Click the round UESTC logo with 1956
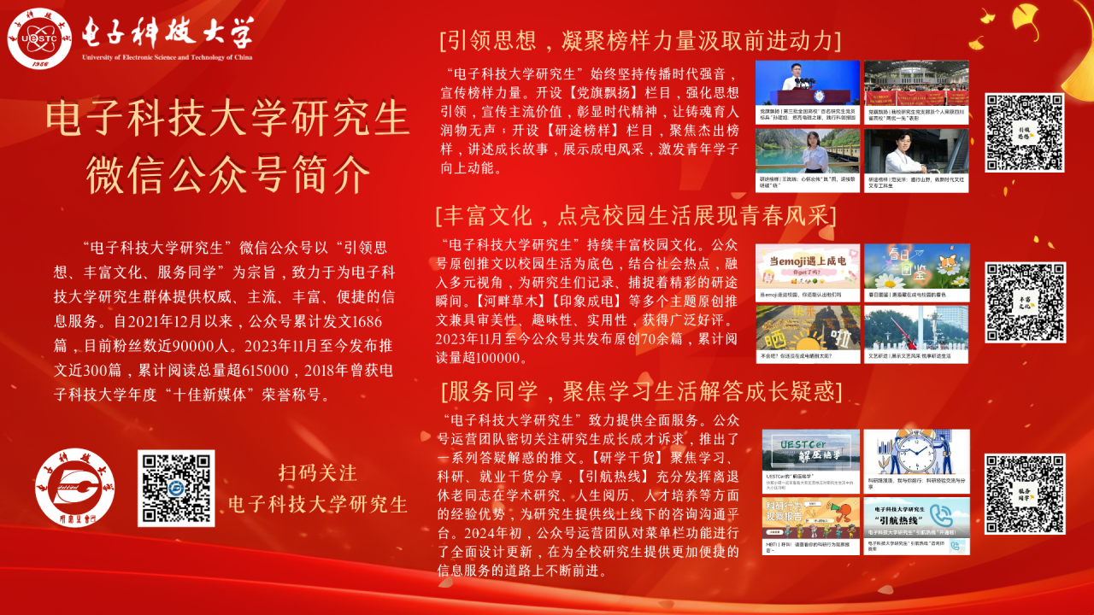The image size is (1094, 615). coord(39,38)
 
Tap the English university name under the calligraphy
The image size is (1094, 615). coord(168,57)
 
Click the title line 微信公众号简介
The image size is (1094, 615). coord(228,174)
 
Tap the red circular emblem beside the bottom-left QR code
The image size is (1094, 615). coord(75,487)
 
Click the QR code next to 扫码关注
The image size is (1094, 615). coord(176,488)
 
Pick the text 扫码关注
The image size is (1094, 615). coord(317,472)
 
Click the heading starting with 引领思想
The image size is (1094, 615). coord(640,40)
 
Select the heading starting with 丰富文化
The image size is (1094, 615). coord(635,214)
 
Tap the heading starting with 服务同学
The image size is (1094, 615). coord(642,391)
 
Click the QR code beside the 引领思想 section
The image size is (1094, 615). coord(1024,132)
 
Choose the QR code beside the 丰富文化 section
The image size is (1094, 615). coord(1024,302)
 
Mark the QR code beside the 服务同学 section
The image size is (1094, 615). coord(1024,494)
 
